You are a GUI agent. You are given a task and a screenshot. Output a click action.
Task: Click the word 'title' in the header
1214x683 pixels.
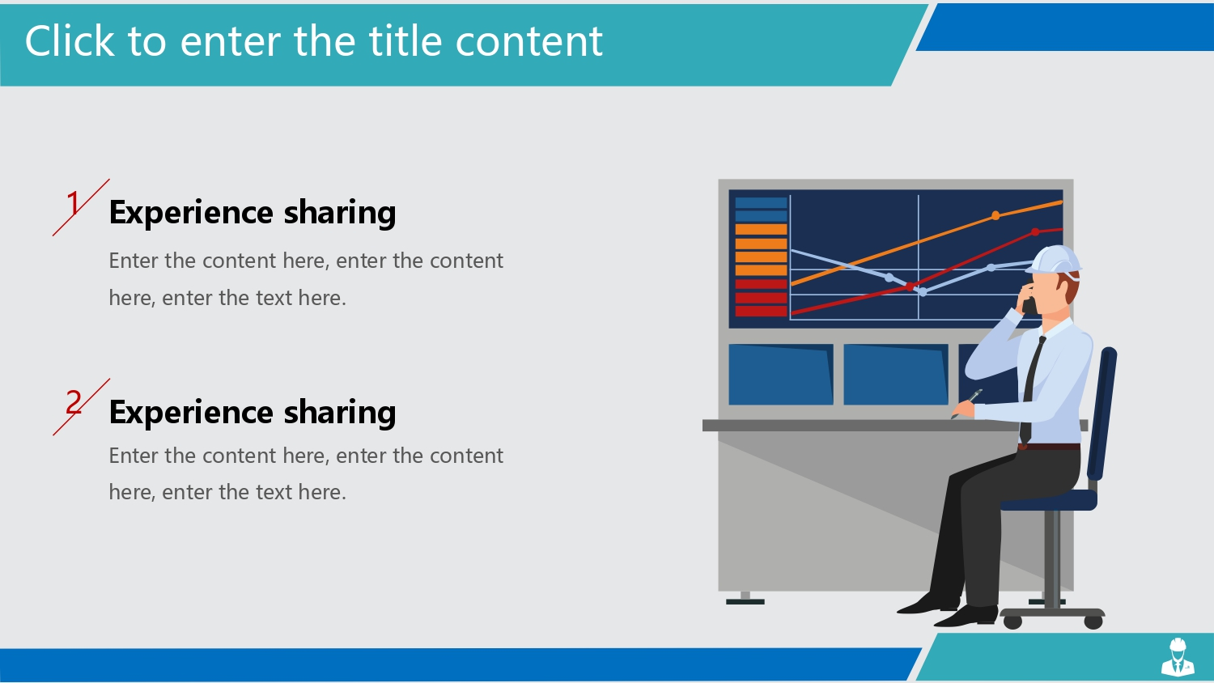[405, 40]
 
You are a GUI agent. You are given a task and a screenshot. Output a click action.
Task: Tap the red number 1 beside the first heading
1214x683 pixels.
[74, 203]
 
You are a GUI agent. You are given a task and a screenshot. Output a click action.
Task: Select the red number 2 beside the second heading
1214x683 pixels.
[74, 402]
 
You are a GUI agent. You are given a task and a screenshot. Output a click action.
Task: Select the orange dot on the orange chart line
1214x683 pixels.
[995, 216]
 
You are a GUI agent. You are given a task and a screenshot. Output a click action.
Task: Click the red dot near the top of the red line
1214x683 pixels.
[1035, 232]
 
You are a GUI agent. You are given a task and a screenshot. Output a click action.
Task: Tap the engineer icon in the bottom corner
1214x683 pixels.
[1178, 656]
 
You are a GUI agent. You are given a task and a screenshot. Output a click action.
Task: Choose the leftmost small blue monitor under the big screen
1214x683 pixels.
[781, 374]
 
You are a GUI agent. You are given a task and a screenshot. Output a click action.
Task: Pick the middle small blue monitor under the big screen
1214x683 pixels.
[896, 374]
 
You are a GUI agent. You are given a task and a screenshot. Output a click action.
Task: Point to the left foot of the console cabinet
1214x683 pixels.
[745, 598]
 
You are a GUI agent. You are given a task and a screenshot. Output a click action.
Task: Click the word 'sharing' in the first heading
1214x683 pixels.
[340, 213]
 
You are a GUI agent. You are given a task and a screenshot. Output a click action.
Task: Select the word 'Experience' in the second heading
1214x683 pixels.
[191, 413]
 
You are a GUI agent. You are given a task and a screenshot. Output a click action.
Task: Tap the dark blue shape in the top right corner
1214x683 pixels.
[1065, 27]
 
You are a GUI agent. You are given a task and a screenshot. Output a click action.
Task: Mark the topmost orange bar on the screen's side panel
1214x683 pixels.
[761, 229]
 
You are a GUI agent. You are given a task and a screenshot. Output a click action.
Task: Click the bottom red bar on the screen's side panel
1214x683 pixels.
[761, 311]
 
